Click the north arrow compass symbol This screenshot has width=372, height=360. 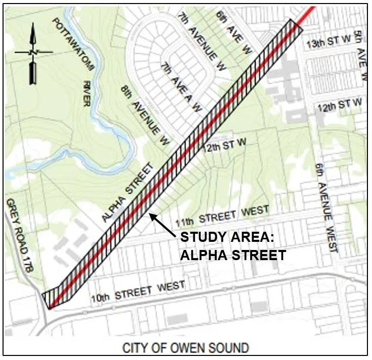coord(33,53)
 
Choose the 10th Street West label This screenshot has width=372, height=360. coord(137,291)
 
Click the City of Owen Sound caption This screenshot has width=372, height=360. coord(186,348)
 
